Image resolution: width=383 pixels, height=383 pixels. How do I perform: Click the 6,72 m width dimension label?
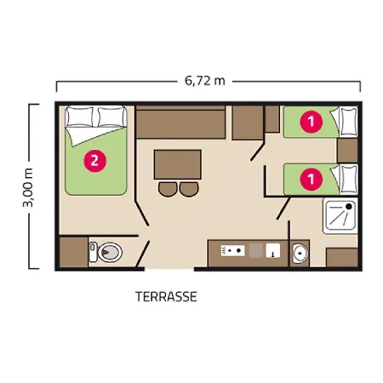(x=205, y=81)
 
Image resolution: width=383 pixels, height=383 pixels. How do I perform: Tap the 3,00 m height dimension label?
(x=29, y=187)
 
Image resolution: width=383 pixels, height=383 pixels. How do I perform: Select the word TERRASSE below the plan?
(x=166, y=297)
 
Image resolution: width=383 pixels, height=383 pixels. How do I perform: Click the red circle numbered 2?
(x=94, y=161)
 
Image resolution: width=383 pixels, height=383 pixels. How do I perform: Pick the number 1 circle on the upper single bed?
(x=312, y=122)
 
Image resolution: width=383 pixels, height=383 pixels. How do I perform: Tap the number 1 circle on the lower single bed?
(x=312, y=179)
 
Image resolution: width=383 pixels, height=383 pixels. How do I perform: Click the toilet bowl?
(x=106, y=252)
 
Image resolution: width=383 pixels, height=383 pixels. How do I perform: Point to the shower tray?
(x=340, y=215)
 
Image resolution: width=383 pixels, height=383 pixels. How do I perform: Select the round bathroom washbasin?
(x=300, y=253)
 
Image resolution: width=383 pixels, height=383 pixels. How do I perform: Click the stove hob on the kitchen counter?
(x=233, y=250)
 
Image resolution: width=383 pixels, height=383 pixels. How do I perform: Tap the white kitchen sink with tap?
(x=273, y=250)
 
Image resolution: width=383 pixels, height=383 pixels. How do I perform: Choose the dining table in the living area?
(x=178, y=164)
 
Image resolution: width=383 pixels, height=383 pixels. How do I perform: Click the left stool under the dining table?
(x=168, y=189)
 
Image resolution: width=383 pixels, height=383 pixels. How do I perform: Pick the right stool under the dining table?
(x=189, y=189)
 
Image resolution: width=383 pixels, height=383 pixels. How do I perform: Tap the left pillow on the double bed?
(x=80, y=117)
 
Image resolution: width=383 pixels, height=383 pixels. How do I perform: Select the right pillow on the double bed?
(x=111, y=117)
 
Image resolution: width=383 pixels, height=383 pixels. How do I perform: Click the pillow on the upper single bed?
(x=349, y=122)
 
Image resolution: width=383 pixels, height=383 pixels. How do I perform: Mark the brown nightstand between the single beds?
(x=347, y=151)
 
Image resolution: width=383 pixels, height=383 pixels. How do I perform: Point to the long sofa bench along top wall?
(x=180, y=123)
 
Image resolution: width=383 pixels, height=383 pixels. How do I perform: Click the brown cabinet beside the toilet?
(x=74, y=252)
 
